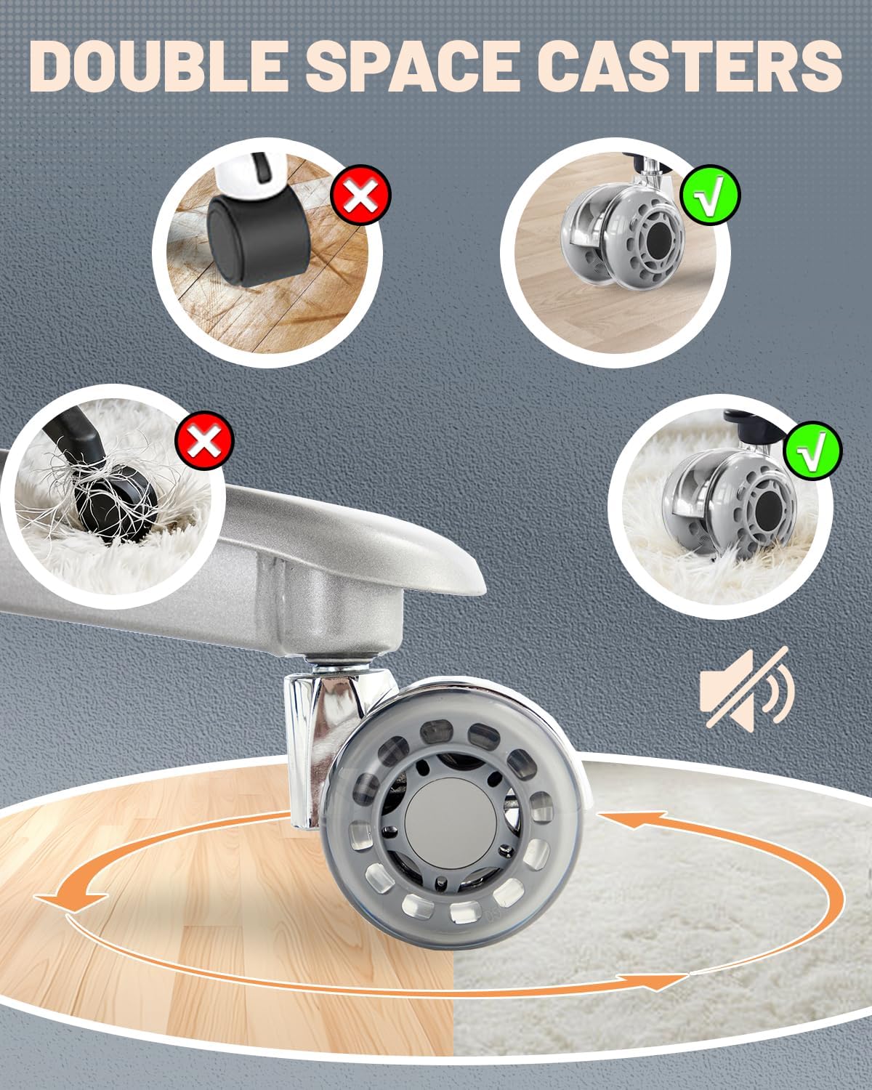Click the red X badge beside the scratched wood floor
360,195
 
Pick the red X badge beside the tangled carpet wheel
205,440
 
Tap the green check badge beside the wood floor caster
711,195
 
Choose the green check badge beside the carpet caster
812,451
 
